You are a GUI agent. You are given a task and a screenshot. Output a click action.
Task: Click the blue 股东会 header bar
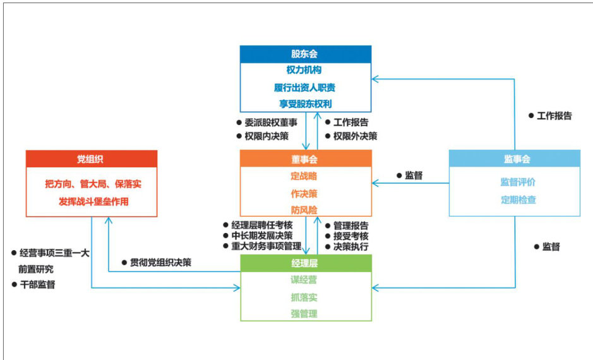pos(305,54)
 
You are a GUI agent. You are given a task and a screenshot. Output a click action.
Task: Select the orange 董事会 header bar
pos(305,159)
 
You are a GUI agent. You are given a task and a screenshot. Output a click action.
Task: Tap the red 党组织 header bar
pos(91,159)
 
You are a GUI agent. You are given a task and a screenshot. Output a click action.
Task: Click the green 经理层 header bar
pos(305,263)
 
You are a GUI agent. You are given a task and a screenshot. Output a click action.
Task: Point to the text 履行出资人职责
pos(305,87)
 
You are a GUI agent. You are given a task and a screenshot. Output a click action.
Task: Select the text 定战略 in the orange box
pos(304,176)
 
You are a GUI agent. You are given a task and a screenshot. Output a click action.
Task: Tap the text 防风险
pos(304,209)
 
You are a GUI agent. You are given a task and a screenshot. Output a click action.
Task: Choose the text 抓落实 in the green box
pos(304,297)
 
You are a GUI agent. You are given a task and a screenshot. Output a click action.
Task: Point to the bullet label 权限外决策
pos(355,136)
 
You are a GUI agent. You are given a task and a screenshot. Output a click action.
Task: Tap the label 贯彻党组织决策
pos(160,262)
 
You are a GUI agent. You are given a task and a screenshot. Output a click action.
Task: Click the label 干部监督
pos(37,285)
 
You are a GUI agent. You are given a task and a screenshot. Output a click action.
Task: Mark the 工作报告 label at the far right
pos(554,116)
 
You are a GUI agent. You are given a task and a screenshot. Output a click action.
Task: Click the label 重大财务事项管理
pos(265,246)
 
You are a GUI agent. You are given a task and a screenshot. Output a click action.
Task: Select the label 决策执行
pos(350,246)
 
